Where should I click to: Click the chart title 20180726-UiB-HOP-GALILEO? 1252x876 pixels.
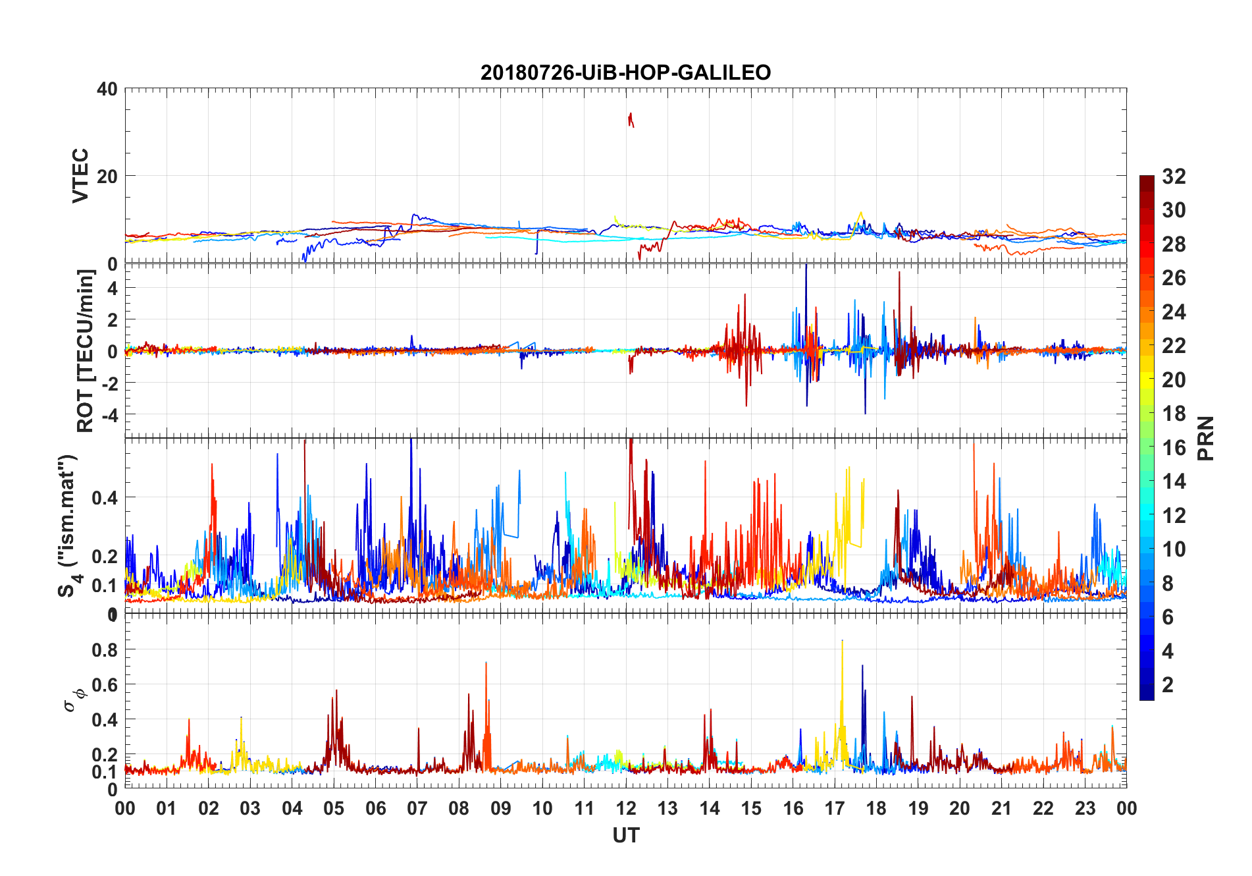point(625,72)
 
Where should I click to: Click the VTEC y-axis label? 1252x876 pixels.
point(80,175)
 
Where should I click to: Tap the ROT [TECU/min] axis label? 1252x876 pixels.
point(86,350)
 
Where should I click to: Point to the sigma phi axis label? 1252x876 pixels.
point(74,699)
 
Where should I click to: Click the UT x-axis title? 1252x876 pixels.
point(625,836)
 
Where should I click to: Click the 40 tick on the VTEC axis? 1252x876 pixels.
point(107,89)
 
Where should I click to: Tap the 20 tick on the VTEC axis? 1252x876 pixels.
point(107,177)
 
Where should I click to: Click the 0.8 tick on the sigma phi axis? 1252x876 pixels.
point(105,650)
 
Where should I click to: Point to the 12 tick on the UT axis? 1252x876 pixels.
point(626,809)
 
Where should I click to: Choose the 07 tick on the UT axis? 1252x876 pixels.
point(417,809)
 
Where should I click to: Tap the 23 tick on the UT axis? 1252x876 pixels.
point(1085,809)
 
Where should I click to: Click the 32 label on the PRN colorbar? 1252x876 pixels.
point(1174,177)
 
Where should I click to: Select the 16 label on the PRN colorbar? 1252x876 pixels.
point(1174,448)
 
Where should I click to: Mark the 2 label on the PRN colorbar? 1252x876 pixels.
point(1168,685)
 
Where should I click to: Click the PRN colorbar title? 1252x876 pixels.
point(1206,438)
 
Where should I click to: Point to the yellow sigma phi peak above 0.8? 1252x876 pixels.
point(842,642)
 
